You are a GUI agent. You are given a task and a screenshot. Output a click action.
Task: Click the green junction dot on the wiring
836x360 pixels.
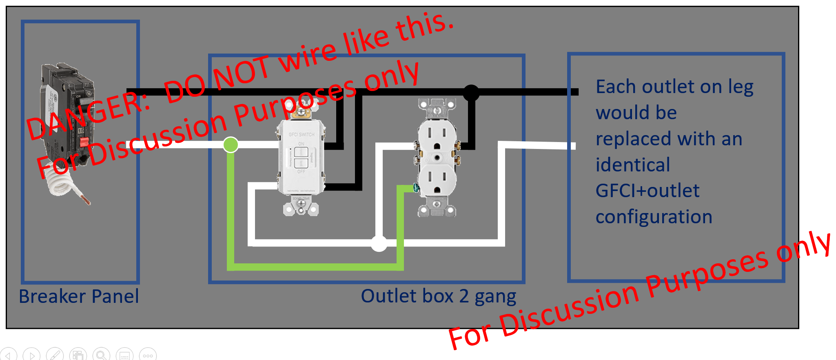point(231,144)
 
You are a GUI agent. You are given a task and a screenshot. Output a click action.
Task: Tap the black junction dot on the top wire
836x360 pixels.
point(471,93)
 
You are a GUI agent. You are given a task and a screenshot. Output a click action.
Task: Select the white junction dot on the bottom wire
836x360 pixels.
point(379,244)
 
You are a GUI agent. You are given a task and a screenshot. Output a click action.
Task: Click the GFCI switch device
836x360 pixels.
point(301,157)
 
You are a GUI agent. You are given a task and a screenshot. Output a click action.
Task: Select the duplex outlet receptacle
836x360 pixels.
point(437,157)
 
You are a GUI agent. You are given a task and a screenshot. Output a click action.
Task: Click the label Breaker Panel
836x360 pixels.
point(79,296)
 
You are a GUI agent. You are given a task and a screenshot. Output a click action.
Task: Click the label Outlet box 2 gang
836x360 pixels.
point(438,296)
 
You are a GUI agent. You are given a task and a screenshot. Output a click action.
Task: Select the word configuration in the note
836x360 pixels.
point(654,217)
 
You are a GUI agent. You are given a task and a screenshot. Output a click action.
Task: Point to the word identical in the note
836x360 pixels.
point(632,165)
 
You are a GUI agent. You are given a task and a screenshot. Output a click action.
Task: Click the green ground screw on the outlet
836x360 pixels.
point(416,188)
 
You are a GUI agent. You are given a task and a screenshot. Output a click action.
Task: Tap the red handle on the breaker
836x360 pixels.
point(84,142)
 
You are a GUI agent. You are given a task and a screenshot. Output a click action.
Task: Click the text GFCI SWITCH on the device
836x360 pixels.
point(302,134)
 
